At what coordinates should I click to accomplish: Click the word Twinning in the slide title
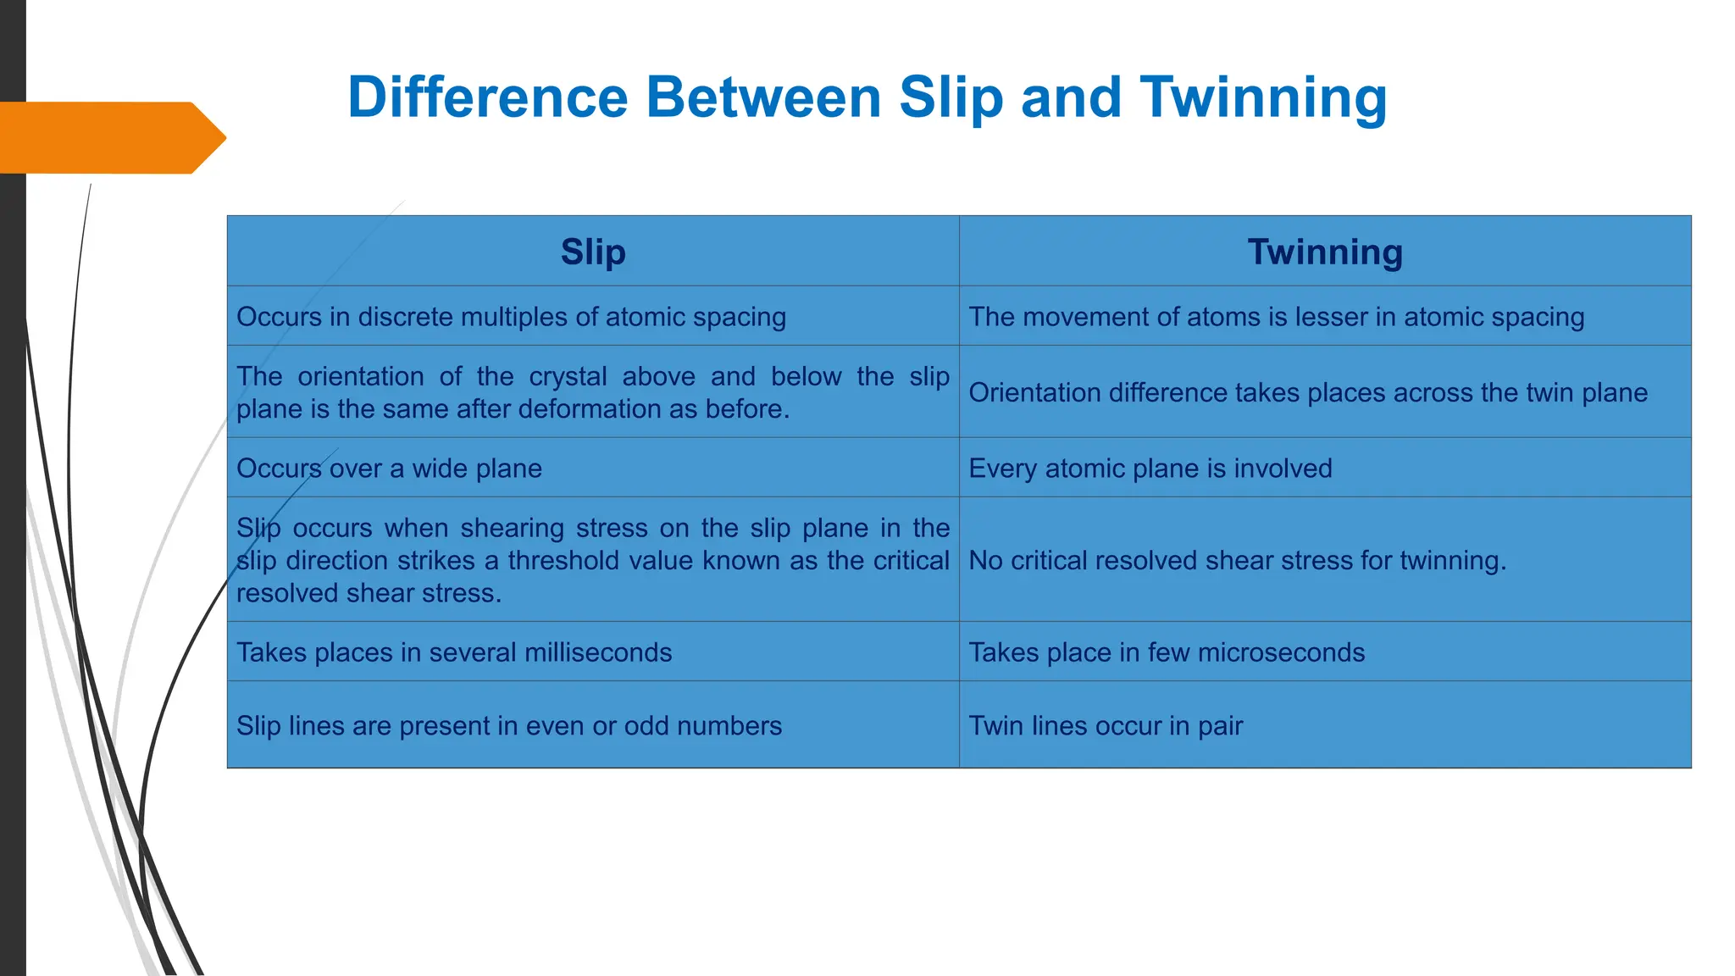click(x=1263, y=98)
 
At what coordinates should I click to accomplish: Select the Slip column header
click(x=593, y=252)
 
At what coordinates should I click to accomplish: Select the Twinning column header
click(x=1325, y=252)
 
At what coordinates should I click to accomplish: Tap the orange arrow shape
click(x=110, y=138)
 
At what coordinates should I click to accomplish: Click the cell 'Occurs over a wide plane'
click(x=389, y=469)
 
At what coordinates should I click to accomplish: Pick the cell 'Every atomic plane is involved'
click(x=1150, y=469)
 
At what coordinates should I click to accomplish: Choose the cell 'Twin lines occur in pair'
click(x=1106, y=726)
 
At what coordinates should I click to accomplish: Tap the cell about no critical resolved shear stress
click(x=1237, y=561)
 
